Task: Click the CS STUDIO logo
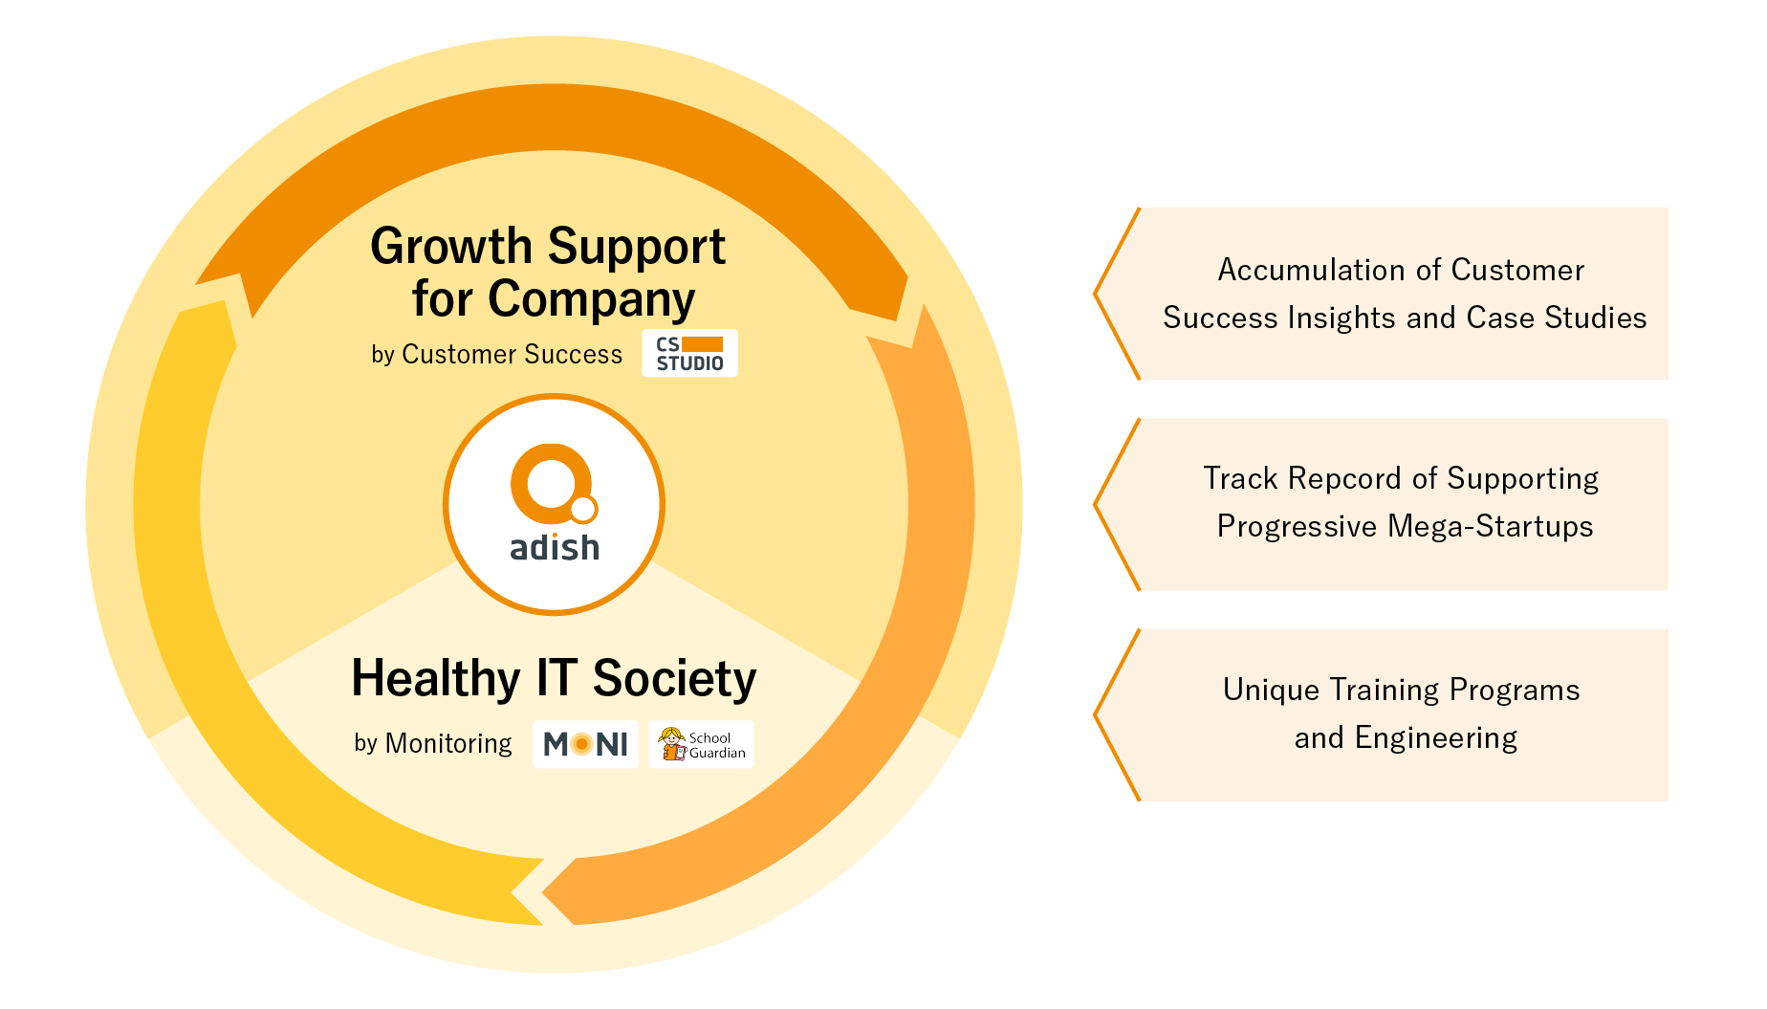click(689, 354)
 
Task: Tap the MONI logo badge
click(585, 744)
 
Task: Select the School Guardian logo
click(702, 744)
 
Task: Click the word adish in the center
click(555, 548)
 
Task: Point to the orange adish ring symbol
click(554, 483)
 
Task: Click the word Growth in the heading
click(451, 248)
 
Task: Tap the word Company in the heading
click(592, 300)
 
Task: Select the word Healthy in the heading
click(436, 679)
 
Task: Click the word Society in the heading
click(675, 679)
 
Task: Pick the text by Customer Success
click(496, 355)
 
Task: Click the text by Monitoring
click(433, 743)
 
